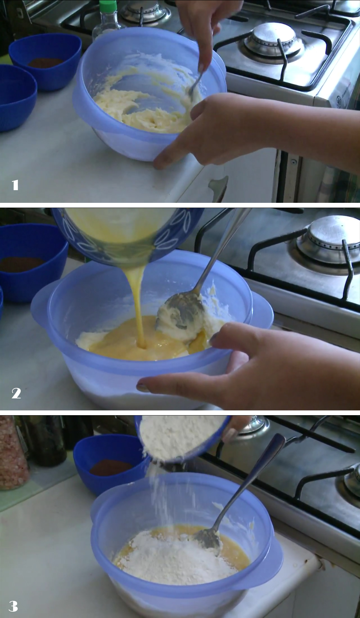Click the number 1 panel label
[x=15, y=185]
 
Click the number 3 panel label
[x=13, y=607]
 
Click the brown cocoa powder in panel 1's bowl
[x=46, y=62]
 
